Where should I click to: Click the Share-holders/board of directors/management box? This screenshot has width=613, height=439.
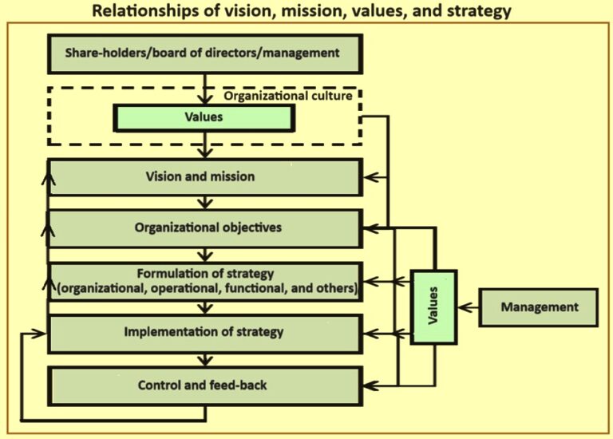pos(206,53)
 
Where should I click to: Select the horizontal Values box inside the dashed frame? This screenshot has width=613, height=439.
pos(204,117)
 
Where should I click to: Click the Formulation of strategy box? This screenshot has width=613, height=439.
pos(206,279)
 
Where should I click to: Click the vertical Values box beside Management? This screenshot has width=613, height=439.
pos(435,307)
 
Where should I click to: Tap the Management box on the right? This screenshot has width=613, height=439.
pos(539,307)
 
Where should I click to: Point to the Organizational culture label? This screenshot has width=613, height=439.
pos(287,97)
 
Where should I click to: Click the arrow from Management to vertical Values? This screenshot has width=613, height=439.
pos(469,307)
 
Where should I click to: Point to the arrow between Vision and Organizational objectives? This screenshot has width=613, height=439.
pos(207,203)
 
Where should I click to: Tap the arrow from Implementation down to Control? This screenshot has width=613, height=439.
pos(207,359)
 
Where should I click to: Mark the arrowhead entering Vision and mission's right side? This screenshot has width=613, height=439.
pos(368,177)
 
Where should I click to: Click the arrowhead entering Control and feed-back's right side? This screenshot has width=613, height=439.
pos(368,386)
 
